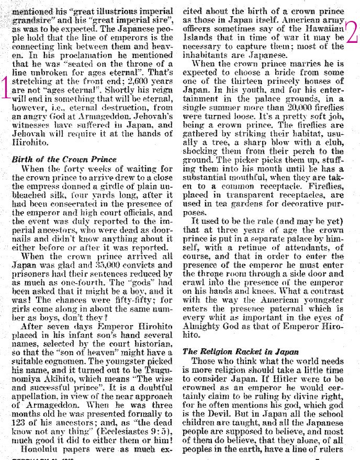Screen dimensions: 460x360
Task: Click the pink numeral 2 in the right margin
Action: (351, 32)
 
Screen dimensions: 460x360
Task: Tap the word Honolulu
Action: (38, 449)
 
